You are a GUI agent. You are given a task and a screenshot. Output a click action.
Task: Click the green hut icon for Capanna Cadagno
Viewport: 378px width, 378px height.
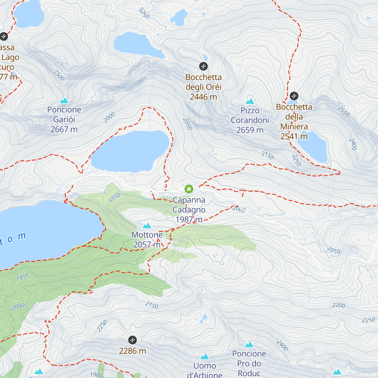189,189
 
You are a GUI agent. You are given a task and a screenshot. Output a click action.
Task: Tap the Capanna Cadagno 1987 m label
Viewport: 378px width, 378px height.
189,209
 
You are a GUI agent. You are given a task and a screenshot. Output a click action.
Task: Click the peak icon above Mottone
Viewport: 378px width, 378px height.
147,226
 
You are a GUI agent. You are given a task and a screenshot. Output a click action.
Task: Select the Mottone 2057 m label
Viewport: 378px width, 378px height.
147,240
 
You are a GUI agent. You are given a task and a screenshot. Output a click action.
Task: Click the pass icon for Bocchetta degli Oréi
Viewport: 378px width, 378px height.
203,66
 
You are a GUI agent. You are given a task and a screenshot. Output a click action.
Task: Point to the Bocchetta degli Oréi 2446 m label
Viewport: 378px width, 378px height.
203,87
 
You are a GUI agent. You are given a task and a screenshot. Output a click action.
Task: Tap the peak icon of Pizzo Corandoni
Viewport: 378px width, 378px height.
250,101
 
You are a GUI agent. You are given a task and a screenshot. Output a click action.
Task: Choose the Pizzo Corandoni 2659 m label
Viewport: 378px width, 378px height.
250,120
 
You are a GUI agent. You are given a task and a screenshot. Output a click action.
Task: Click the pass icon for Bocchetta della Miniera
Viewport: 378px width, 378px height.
294,96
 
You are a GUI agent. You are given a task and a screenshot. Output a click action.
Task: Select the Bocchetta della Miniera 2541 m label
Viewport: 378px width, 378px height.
294,121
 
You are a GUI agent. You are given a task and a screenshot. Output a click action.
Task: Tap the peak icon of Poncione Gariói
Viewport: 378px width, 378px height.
64,100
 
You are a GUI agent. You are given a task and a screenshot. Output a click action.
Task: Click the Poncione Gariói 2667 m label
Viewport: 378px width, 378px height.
64,119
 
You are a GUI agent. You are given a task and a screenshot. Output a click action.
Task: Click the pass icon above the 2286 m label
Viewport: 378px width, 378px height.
133,340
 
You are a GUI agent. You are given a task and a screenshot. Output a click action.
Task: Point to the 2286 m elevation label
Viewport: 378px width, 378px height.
133,351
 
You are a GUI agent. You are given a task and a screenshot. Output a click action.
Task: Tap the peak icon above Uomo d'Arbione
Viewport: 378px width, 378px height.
205,357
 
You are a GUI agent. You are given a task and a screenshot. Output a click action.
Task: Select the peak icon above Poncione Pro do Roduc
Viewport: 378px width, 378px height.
249,344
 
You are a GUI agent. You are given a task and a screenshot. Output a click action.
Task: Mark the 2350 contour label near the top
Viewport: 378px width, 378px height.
144,13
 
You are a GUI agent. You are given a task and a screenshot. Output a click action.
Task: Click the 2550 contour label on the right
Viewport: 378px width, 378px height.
344,111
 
